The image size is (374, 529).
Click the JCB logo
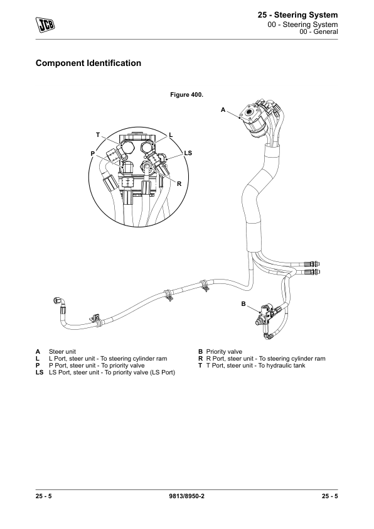[45, 25]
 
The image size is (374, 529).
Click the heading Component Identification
[88, 63]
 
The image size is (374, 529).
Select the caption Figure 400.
[186, 95]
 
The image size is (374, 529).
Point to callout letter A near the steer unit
[223, 110]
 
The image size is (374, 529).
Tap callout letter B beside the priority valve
[243, 304]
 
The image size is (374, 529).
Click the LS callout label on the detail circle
[188, 153]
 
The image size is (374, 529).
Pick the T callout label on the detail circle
[98, 135]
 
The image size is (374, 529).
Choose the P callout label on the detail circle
[93, 153]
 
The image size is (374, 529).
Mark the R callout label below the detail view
[179, 184]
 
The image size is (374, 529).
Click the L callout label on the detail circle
[171, 135]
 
